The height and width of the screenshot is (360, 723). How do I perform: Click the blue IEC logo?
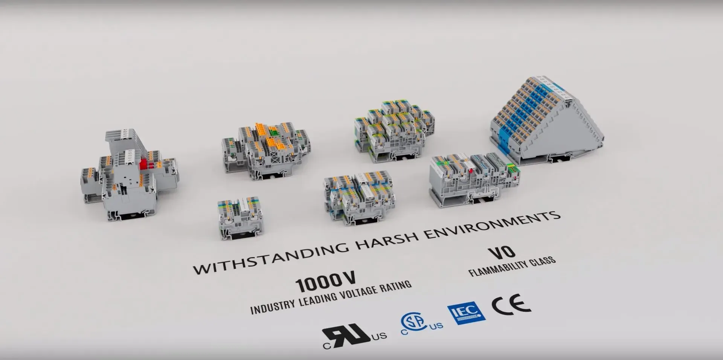(466, 313)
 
